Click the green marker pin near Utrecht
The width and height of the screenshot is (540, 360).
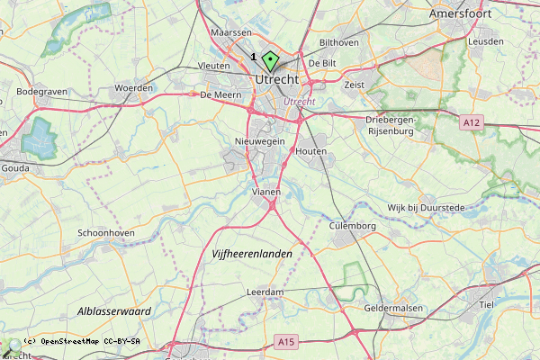(x=269, y=62)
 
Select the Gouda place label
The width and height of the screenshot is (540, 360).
(x=15, y=167)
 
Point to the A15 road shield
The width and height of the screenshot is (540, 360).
(x=286, y=341)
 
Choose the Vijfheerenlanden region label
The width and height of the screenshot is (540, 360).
(x=252, y=255)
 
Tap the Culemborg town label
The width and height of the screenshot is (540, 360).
(x=352, y=226)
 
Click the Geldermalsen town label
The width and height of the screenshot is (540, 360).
(x=393, y=308)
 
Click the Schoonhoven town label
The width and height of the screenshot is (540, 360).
(x=107, y=232)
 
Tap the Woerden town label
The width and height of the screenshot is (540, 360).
(x=133, y=88)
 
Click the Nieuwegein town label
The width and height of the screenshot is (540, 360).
(x=259, y=141)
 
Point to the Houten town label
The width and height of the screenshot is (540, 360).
(x=310, y=151)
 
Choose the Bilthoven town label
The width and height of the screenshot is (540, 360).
(x=339, y=42)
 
